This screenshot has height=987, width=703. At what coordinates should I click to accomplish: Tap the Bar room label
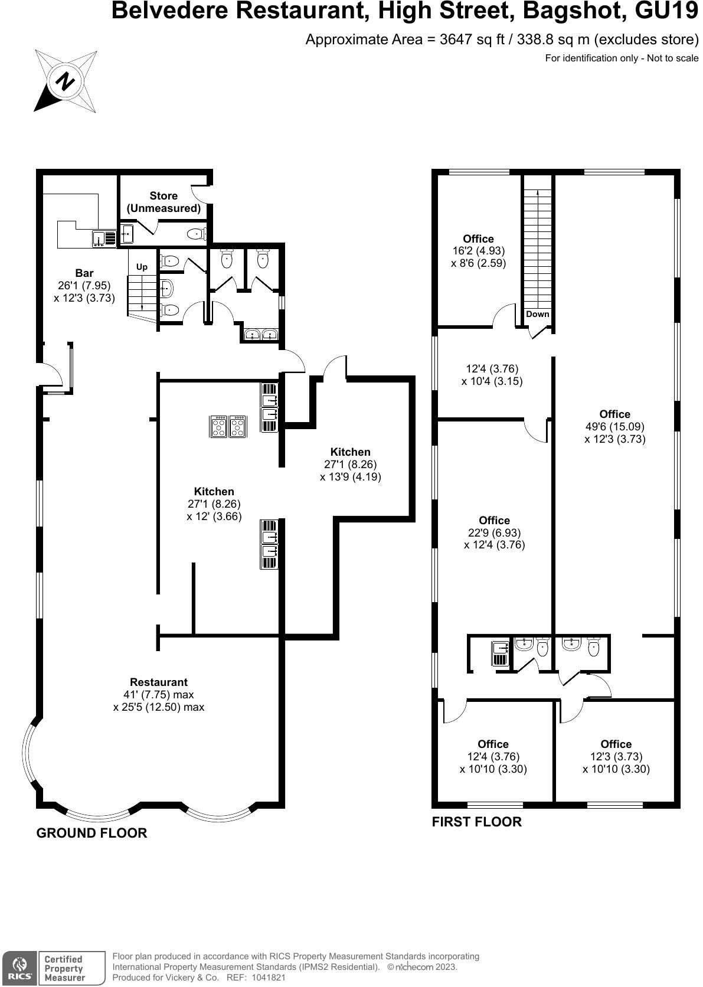coord(84,273)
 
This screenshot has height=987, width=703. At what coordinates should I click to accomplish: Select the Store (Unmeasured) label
coord(164,202)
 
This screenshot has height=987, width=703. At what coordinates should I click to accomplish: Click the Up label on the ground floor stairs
coord(142,267)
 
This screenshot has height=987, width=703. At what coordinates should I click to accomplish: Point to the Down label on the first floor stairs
coord(537,314)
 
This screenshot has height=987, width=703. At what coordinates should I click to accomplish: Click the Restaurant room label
coord(159,682)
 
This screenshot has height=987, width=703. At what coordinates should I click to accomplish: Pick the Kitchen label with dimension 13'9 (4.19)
coord(351,452)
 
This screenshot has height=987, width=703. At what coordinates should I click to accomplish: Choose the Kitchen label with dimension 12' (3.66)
coord(214,492)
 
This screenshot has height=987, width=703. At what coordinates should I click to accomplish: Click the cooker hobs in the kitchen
coord(228,427)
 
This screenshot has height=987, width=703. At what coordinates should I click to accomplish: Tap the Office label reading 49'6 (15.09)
coord(614,414)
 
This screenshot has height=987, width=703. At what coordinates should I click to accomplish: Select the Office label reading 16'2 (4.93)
coord(478,239)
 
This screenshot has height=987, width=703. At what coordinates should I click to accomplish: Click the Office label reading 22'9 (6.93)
coord(494,521)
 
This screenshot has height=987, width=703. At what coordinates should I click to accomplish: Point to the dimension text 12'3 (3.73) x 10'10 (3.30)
coord(616,763)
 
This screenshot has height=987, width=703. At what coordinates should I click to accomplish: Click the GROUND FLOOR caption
coord(91,833)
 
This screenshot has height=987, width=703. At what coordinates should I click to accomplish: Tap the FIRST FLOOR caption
coord(477,822)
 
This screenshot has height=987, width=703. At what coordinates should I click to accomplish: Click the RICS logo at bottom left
coord(18,968)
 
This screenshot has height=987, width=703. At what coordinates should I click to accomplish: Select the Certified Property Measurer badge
coord(65,968)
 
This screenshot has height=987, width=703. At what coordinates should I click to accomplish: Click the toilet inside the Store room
coord(195,234)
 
